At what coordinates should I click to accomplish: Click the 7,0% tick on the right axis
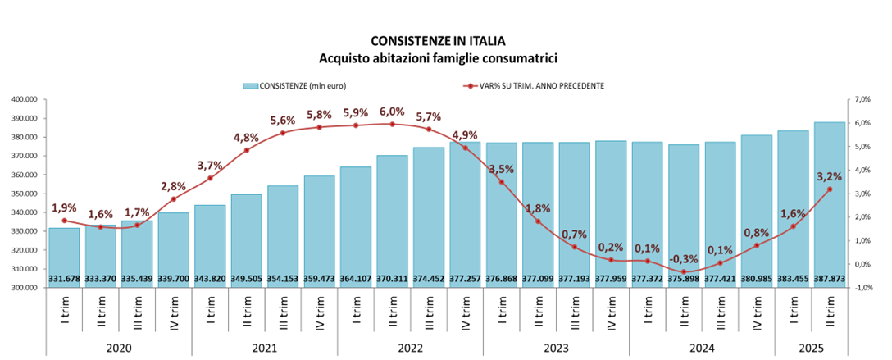pos(863,99)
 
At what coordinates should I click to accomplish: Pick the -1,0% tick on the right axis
pos(863,288)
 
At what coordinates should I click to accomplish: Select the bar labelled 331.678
pos(63,258)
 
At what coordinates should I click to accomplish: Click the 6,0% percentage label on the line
pos(391,112)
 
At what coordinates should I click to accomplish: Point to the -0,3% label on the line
pos(682,259)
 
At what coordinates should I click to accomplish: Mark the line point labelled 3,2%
pos(830,189)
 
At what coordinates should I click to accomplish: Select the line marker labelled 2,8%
pos(173,199)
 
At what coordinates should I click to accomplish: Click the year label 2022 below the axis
pos(409,347)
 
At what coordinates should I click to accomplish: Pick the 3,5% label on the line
pos(501,170)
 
